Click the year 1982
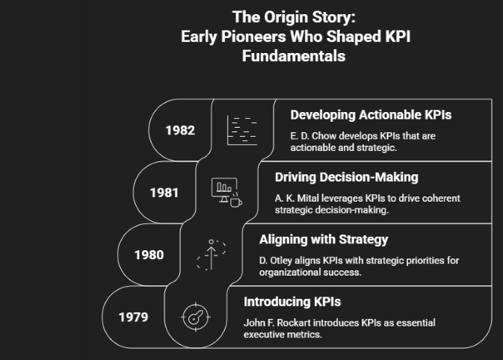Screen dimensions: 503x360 [x=180, y=130]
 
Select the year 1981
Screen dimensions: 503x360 [x=164, y=193]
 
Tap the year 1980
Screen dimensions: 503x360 [x=149, y=255]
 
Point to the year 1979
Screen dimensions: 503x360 [x=134, y=317]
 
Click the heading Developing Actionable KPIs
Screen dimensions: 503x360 [x=371, y=115]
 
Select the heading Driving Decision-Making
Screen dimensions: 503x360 [x=347, y=177]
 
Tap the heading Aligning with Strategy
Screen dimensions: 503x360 [x=324, y=240]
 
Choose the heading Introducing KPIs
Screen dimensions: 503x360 [x=292, y=302]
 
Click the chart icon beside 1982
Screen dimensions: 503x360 [x=242, y=130]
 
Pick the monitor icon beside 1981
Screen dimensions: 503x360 [x=224, y=190]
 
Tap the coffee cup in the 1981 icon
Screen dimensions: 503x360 [x=236, y=202]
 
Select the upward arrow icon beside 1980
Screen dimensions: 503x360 [x=211, y=255]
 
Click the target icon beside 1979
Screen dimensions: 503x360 [x=196, y=317]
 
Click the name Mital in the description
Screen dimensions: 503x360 [x=308, y=199]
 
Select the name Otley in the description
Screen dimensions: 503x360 [x=281, y=261]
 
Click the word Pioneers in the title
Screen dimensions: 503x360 [x=253, y=37]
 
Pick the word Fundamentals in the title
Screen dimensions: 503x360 [x=294, y=56]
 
